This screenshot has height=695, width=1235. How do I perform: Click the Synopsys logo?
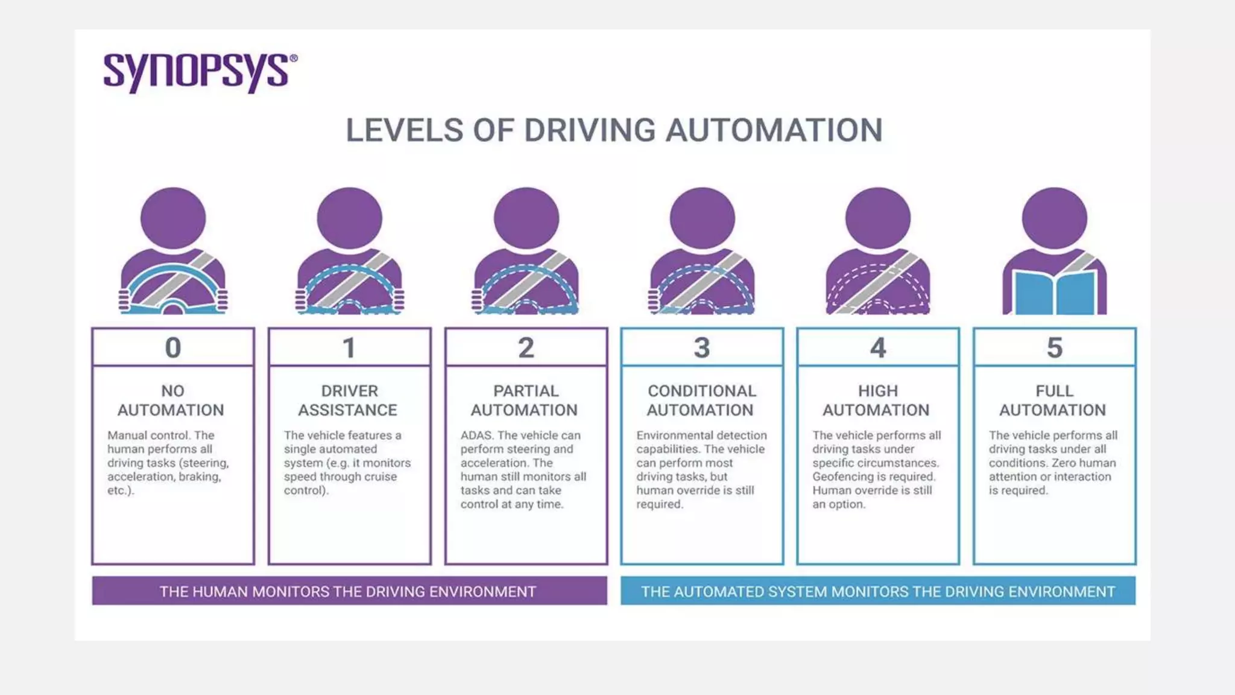point(200,72)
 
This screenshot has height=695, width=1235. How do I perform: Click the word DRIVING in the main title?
point(590,130)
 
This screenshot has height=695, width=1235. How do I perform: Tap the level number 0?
point(173,347)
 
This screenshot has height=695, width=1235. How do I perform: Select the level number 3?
point(701,347)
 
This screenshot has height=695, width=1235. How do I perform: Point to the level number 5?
point(1054,347)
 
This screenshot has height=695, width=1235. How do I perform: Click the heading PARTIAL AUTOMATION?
point(525,400)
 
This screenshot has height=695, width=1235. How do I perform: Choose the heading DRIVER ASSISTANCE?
point(349,400)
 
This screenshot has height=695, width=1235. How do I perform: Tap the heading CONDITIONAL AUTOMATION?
point(701,400)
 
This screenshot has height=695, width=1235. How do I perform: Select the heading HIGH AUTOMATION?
point(877,400)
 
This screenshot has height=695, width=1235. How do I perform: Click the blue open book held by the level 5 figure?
point(1054,293)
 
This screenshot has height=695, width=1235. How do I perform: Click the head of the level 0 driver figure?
point(173,218)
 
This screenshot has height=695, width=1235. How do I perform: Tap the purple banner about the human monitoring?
point(349,591)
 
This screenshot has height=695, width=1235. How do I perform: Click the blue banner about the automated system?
point(877,591)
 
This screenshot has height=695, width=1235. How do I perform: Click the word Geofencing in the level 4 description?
point(841,477)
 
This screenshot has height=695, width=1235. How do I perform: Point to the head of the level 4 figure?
point(877,218)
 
